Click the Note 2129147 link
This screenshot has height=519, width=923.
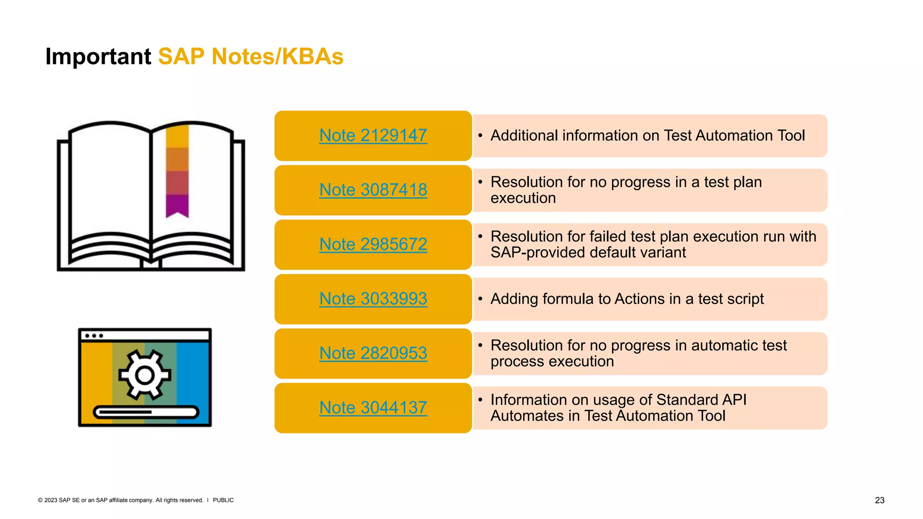coord(373,136)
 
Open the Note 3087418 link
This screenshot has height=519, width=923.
coord(373,190)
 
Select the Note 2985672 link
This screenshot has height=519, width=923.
coord(373,245)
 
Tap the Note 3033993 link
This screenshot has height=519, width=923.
coord(373,299)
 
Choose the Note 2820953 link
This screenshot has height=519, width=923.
coord(373,354)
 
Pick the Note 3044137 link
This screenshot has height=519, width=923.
coord(373,408)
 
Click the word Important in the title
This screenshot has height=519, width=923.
coord(98,57)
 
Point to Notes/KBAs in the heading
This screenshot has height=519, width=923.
coord(277,57)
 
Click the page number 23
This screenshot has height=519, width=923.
coord(879,500)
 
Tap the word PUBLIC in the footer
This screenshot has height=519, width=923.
coord(223,500)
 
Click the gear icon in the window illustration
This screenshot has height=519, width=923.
coord(145,375)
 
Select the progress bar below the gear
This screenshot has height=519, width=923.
coord(146,412)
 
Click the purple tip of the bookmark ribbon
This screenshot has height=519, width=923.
coord(177,207)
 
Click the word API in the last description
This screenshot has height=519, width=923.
coord(734,400)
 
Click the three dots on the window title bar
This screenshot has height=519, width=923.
coord(94,336)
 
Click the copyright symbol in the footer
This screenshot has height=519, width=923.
coord(40,500)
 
